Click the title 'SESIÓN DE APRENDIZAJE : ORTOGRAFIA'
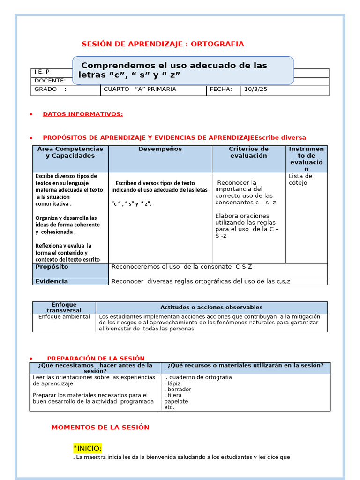pos(163,44)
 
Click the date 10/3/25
pos(255,89)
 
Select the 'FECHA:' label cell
pos(221,89)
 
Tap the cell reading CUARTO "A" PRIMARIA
pos(140,89)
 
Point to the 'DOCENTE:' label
pos(50,81)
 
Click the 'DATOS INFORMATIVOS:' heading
pos(82,114)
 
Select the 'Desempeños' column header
pos(160,149)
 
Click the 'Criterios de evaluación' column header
pos(248,152)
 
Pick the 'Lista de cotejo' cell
pos(300,180)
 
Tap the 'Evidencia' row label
pos(52,281)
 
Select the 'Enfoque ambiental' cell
pos(64,317)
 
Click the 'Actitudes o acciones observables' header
pos(211,307)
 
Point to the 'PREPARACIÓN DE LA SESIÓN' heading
pos(96,358)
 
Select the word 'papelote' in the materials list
pos(176,401)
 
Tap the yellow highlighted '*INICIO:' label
pos(87,448)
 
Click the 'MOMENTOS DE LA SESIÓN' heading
pos(100,427)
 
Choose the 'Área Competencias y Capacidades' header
pos(70,152)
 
